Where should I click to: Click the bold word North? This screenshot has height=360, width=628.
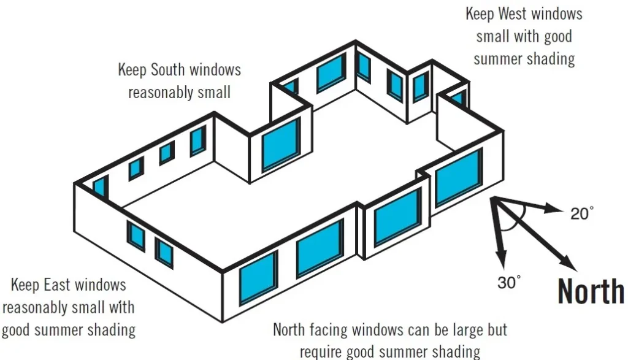click(591, 291)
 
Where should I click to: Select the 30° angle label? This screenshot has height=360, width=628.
click(509, 283)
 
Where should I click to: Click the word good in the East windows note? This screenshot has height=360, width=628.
click(17, 330)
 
